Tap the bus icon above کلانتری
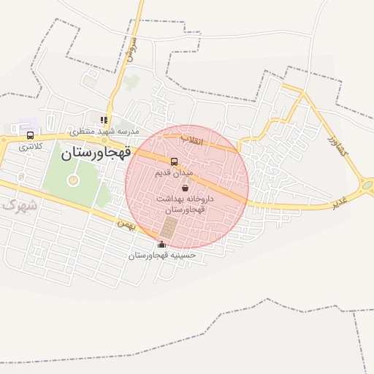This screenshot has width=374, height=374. (30, 135)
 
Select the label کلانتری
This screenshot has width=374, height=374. (31, 147)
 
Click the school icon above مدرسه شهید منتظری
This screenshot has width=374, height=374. (104, 120)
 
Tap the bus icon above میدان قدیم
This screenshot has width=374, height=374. (174, 161)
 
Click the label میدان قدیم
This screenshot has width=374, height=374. (174, 173)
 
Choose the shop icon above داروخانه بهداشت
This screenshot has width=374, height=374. (184, 188)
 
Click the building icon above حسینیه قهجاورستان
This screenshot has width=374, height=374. (161, 244)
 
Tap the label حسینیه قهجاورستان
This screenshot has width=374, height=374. (163, 256)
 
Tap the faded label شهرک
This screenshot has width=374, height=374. (18, 205)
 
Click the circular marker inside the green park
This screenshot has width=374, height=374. (72, 179)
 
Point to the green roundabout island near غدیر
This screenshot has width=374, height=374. (367, 186)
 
